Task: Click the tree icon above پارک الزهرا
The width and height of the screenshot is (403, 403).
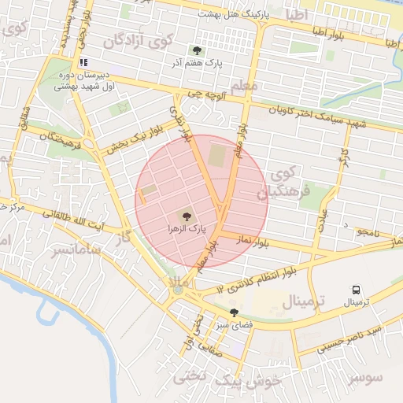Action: tap(186, 216)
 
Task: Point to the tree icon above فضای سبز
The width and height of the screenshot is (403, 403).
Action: tap(234, 313)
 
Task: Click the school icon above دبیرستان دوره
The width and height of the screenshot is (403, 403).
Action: tap(83, 62)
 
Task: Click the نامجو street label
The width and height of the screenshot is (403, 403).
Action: tap(368, 232)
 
